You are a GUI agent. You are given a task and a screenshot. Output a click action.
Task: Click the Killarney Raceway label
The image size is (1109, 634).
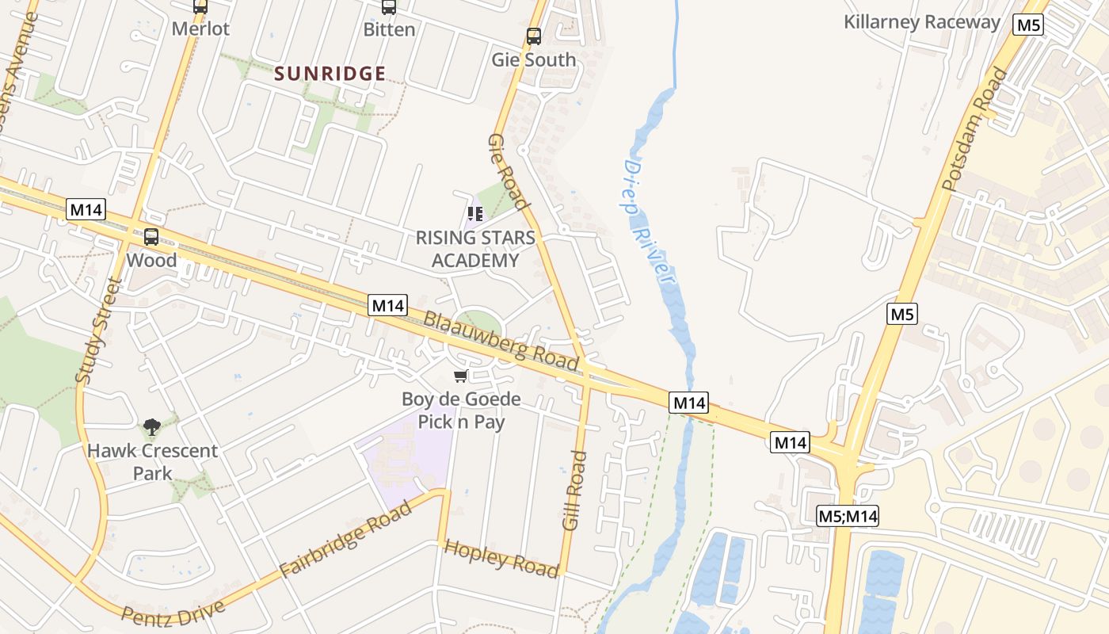[x=922, y=22]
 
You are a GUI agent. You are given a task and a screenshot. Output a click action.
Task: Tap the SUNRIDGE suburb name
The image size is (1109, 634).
[x=330, y=74]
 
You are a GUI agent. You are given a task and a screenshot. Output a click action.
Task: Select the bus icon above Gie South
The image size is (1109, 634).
[x=534, y=36]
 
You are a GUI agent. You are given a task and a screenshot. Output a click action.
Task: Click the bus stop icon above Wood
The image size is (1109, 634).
[x=151, y=236]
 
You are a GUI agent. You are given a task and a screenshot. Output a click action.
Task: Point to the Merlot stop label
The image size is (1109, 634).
[x=200, y=29]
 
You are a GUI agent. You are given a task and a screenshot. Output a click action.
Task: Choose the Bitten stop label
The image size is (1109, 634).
[x=389, y=30]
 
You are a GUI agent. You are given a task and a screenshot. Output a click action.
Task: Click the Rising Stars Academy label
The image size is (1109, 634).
[x=475, y=249]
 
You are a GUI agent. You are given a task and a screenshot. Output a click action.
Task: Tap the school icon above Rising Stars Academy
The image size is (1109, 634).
[x=475, y=214]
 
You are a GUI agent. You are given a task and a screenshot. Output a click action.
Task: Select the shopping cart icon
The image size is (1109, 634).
[x=460, y=376]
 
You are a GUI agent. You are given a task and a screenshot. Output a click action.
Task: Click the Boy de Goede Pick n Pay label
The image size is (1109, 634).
[x=461, y=411]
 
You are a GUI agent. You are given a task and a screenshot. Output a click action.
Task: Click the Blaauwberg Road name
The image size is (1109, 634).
[x=501, y=341]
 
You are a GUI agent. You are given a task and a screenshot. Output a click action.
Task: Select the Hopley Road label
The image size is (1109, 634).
[x=501, y=557]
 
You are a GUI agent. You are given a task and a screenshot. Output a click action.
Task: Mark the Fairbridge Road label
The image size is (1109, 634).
[x=346, y=540]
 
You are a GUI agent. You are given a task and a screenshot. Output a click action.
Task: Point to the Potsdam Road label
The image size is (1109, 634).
[x=975, y=130]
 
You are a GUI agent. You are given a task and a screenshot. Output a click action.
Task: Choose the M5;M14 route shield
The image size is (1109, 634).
[x=848, y=517]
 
